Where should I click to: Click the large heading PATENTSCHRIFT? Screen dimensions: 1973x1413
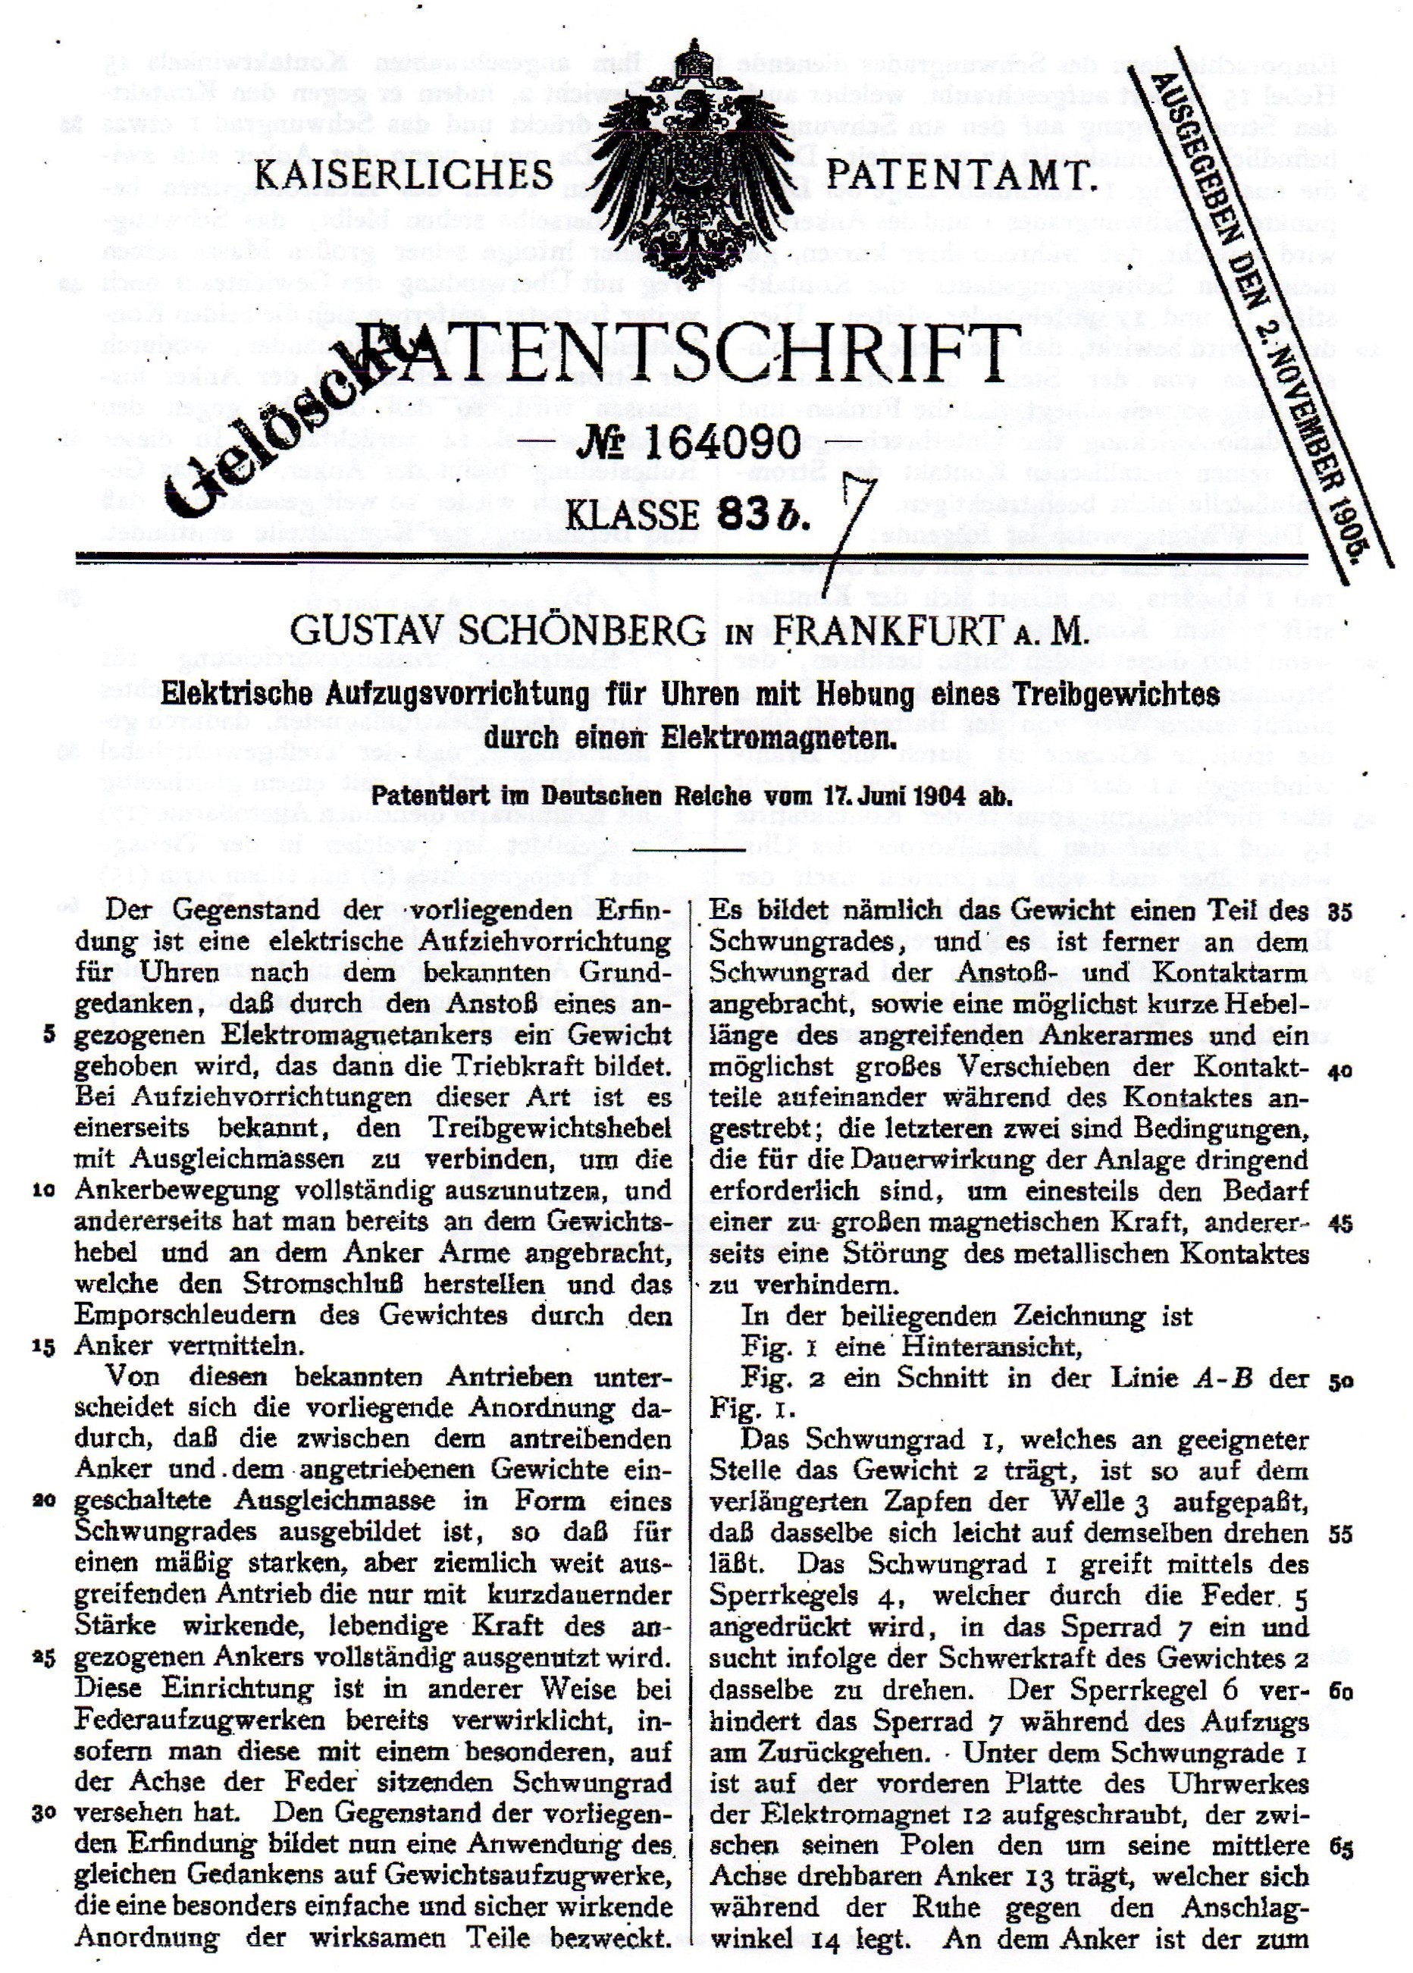click(696, 356)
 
